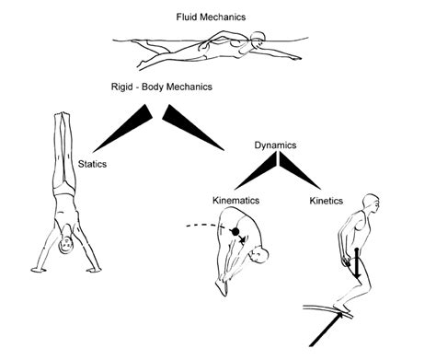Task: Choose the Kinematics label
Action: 233,199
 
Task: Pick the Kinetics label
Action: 327,199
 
